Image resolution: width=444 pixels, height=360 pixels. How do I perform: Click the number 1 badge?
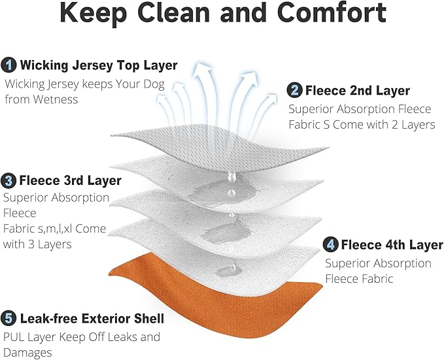pyautogui.click(x=9, y=65)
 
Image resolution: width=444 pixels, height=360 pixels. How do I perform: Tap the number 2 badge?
pyautogui.click(x=294, y=91)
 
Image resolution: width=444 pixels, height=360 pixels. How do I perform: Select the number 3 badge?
pyautogui.click(x=9, y=180)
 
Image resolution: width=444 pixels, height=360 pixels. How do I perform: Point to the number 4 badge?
pyautogui.click(x=330, y=244)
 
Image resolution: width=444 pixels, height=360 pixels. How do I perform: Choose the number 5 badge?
pyautogui.click(x=9, y=318)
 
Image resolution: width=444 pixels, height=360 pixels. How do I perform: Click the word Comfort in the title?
pyautogui.click(x=332, y=13)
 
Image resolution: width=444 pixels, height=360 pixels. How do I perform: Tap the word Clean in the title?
pyautogui.click(x=173, y=13)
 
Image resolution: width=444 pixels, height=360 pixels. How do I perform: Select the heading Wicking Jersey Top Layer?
pyautogui.click(x=99, y=65)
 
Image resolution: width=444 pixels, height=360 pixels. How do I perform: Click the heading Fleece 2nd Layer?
pyautogui.click(x=358, y=91)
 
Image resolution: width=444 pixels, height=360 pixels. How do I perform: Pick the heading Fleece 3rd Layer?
pyautogui.click(x=70, y=180)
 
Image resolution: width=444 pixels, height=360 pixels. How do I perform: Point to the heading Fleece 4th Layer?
pyautogui.click(x=392, y=244)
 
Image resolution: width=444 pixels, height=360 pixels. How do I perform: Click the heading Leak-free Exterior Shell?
pyautogui.click(x=92, y=318)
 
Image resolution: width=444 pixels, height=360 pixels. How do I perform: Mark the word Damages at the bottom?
pyautogui.click(x=27, y=353)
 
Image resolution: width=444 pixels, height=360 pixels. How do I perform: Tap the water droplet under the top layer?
pyautogui.click(x=231, y=176)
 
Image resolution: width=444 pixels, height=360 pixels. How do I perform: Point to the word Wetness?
pyautogui.click(x=55, y=99)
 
